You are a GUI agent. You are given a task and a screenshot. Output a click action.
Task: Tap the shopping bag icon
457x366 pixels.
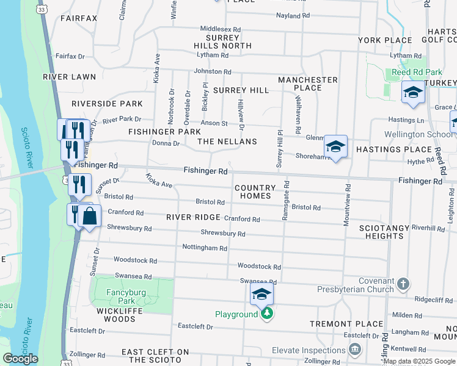(89, 216)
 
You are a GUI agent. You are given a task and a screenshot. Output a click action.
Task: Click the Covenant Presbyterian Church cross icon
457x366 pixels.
(403, 284)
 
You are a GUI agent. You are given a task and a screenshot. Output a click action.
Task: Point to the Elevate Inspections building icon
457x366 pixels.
(354, 350)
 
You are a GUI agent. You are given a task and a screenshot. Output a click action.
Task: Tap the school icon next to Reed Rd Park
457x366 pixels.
(414, 92)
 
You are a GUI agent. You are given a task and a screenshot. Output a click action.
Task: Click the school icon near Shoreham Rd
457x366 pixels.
(335, 147)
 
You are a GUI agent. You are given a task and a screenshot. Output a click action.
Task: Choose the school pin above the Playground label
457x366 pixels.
(261, 295)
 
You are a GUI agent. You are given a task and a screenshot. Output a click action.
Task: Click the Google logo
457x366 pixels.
(20, 359)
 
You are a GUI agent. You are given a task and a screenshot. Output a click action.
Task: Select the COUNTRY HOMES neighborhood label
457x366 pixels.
(252, 192)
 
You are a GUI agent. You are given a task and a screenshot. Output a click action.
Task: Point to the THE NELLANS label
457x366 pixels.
(227, 141)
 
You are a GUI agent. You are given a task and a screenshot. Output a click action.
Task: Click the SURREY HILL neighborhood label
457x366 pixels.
(241, 90)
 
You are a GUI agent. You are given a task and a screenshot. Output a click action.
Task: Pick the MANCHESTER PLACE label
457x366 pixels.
(308, 84)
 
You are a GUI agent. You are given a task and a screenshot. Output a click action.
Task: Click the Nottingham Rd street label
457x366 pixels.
(205, 248)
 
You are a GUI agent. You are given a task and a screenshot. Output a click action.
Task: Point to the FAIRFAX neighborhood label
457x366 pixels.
(79, 18)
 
